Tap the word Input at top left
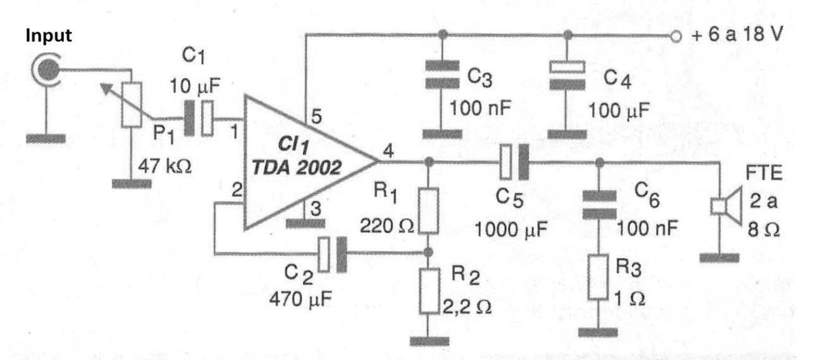tap(49, 36)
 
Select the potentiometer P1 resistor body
tap(132, 105)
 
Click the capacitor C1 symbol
tap(198, 118)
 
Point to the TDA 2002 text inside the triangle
tap(297, 168)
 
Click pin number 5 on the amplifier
tap(316, 116)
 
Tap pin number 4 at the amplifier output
tap(388, 151)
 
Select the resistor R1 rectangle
tap(428, 211)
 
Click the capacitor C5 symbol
tap(515, 162)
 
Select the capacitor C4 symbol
tap(567, 75)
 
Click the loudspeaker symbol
tap(726, 206)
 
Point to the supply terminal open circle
tap(676, 36)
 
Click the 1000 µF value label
tap(511, 230)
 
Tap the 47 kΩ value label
tap(165, 167)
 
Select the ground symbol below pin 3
tap(306, 223)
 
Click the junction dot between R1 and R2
tap(428, 252)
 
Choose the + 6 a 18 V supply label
tap(737, 34)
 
